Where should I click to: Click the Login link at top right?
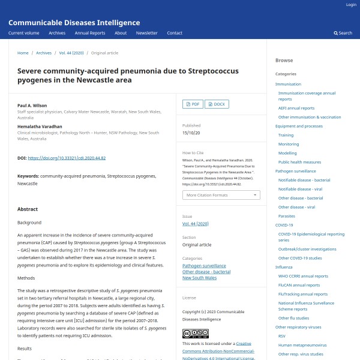[351, 4]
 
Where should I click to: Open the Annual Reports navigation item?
[89, 33]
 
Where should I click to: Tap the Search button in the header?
[343, 33]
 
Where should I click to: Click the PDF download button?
[192, 104]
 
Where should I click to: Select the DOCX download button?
[217, 104]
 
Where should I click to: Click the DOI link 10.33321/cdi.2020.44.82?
[67, 158]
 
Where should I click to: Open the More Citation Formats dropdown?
[221, 195]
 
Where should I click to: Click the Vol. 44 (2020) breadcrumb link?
[72, 53]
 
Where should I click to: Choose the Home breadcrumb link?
[23, 53]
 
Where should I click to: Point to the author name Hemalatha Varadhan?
[40, 127]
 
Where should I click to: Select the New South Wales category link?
[199, 278]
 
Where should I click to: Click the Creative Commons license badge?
[195, 334]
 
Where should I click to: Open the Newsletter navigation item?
[146, 33]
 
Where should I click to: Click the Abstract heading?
[28, 209]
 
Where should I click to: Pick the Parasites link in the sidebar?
[287, 216]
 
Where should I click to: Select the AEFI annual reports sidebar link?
[296, 108]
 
